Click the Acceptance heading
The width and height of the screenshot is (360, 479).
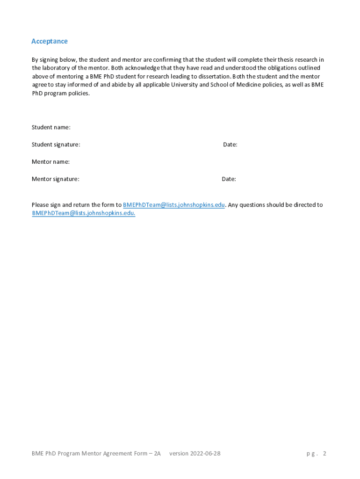[49, 41]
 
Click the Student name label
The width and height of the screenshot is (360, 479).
[51, 127]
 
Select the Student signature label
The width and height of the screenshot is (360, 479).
[56, 145]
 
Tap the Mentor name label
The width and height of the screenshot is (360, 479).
[50, 162]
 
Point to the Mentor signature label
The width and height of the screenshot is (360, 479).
[55, 179]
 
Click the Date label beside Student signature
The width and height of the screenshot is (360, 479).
[230, 145]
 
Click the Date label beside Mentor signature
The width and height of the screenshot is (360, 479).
[229, 179]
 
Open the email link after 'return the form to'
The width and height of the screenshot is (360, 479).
[173, 205]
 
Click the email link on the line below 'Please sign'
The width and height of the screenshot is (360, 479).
[83, 213]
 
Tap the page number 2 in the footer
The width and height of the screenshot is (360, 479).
[324, 453]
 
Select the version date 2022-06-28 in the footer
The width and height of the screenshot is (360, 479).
[204, 453]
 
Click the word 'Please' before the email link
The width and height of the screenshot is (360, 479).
[40, 205]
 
